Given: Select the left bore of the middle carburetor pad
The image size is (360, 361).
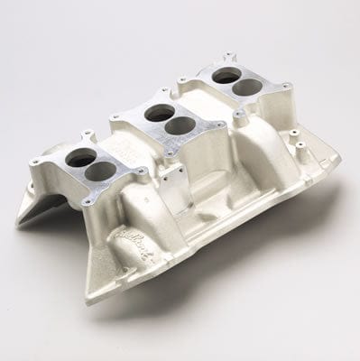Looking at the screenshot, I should point(154,113).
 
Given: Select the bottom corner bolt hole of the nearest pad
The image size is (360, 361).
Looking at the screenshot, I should point(87,202).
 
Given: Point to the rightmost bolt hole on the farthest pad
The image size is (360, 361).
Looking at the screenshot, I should point(287,87).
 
